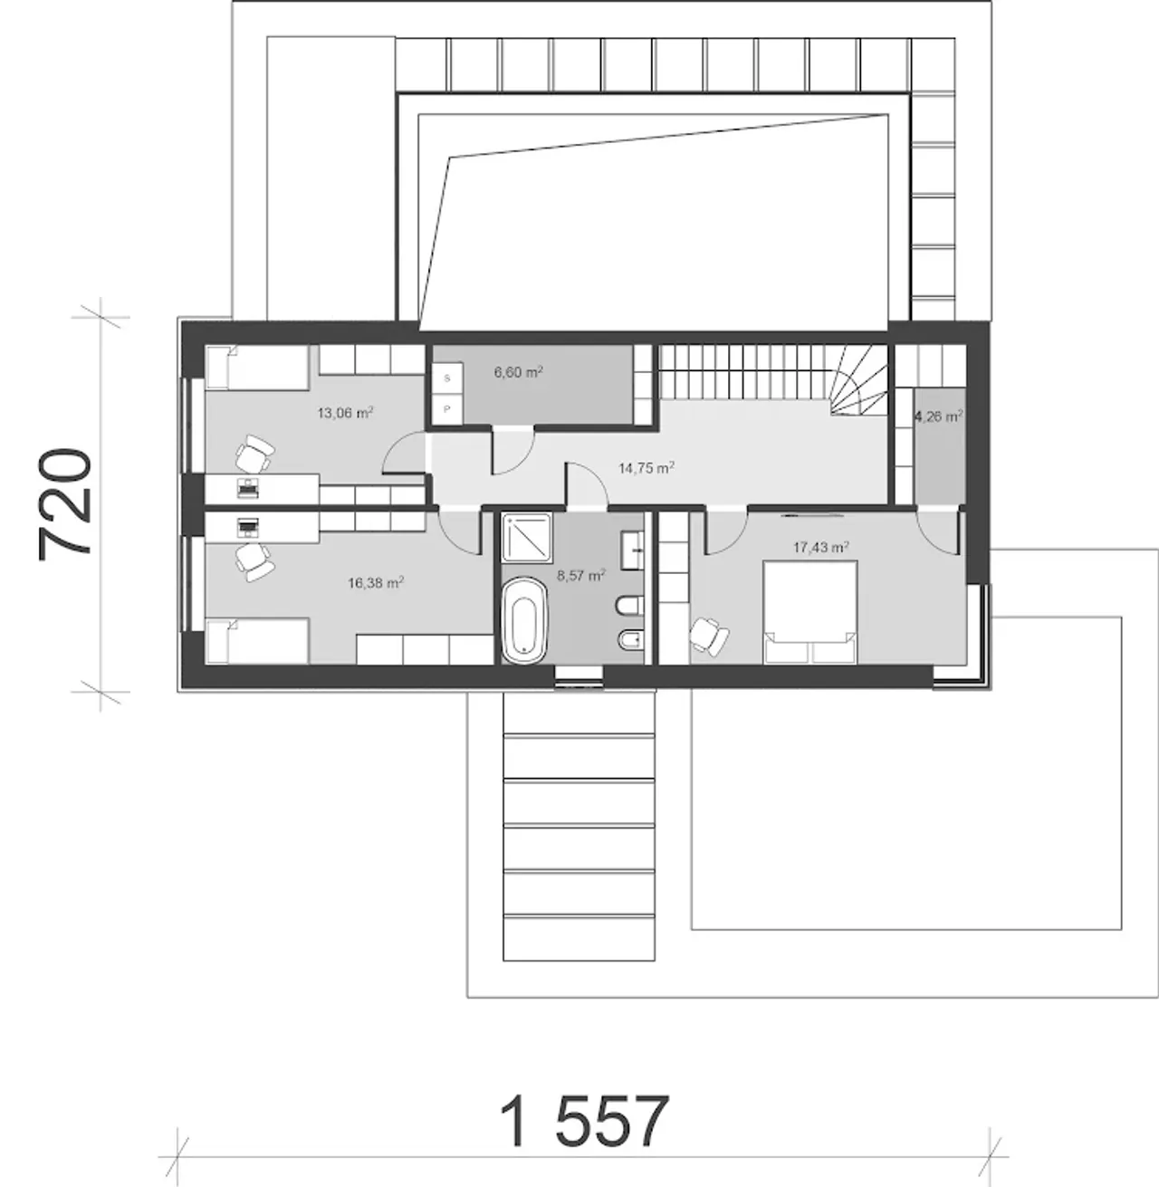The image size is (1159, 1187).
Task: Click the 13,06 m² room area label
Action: tap(345, 413)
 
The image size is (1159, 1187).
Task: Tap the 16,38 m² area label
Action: tap(376, 583)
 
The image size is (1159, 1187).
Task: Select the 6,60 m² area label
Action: tap(519, 371)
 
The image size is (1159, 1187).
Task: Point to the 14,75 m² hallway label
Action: tap(646, 468)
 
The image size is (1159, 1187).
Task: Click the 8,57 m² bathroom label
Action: tap(580, 575)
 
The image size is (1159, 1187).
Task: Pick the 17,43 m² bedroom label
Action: tap(820, 547)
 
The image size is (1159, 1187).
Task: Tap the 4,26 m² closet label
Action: tap(938, 416)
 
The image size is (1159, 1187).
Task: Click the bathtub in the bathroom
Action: tap(524, 620)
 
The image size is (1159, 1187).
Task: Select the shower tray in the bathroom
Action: tap(527, 537)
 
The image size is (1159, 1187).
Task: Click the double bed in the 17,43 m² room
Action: tap(810, 612)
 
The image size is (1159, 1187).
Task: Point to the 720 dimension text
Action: tap(64, 504)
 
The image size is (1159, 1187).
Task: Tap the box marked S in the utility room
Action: tap(447, 378)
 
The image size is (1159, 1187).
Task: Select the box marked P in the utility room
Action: tap(447, 408)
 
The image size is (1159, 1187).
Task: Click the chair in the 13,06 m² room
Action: tap(254, 454)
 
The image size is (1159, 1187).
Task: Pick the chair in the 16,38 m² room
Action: tap(254, 562)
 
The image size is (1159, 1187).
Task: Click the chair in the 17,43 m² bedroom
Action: tap(709, 637)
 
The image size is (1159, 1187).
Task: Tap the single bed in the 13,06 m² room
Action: tap(257, 368)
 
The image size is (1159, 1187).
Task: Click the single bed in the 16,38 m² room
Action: tap(257, 642)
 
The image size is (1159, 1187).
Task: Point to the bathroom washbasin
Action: tap(633, 550)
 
